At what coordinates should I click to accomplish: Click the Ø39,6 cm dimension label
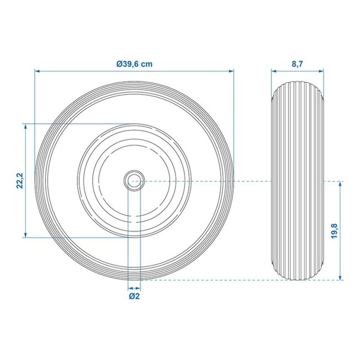tap(135, 64)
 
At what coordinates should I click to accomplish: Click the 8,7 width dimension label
tap(297, 64)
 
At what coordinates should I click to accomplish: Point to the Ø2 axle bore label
tap(134, 296)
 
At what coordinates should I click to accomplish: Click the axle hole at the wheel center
tap(134, 181)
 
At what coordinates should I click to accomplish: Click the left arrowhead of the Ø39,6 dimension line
tap(37, 71)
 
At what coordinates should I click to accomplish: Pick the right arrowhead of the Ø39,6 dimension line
tap(231, 71)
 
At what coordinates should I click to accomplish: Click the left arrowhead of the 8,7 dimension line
tap(274, 71)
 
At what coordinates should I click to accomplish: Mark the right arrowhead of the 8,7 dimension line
tap(321, 71)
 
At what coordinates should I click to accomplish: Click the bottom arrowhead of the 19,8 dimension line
tap(339, 278)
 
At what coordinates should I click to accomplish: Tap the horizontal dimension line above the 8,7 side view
tap(297, 71)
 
